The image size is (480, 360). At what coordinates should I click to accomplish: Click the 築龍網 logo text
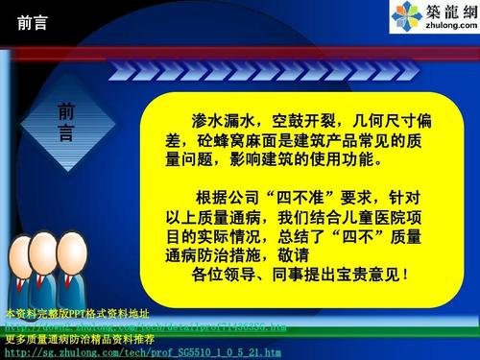[448, 13]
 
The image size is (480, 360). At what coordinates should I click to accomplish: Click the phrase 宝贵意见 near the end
[364, 276]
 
